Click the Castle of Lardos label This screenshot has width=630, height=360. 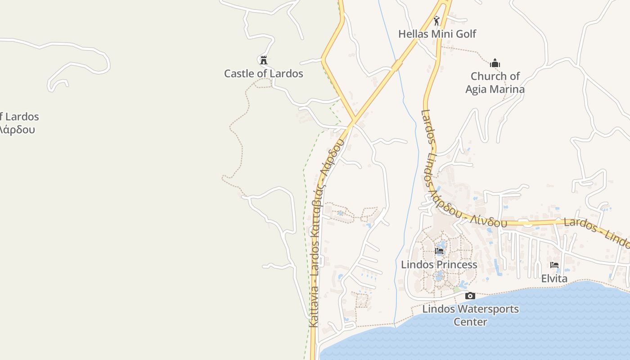(x=264, y=73)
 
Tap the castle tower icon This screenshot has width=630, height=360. (x=264, y=60)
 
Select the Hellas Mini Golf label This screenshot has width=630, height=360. (x=437, y=34)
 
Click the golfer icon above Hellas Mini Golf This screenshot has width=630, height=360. (x=436, y=21)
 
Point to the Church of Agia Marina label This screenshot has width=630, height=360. (x=495, y=83)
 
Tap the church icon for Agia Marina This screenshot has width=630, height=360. (x=495, y=63)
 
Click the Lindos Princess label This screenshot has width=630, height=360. (x=439, y=264)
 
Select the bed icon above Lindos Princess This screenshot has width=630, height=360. (x=439, y=251)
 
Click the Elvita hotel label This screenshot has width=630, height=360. (x=554, y=279)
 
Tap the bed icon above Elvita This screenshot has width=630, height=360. (x=554, y=265)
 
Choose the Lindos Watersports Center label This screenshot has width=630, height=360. (x=470, y=315)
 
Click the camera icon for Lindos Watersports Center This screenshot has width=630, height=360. (x=470, y=296)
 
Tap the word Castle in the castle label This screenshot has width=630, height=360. (x=240, y=73)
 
